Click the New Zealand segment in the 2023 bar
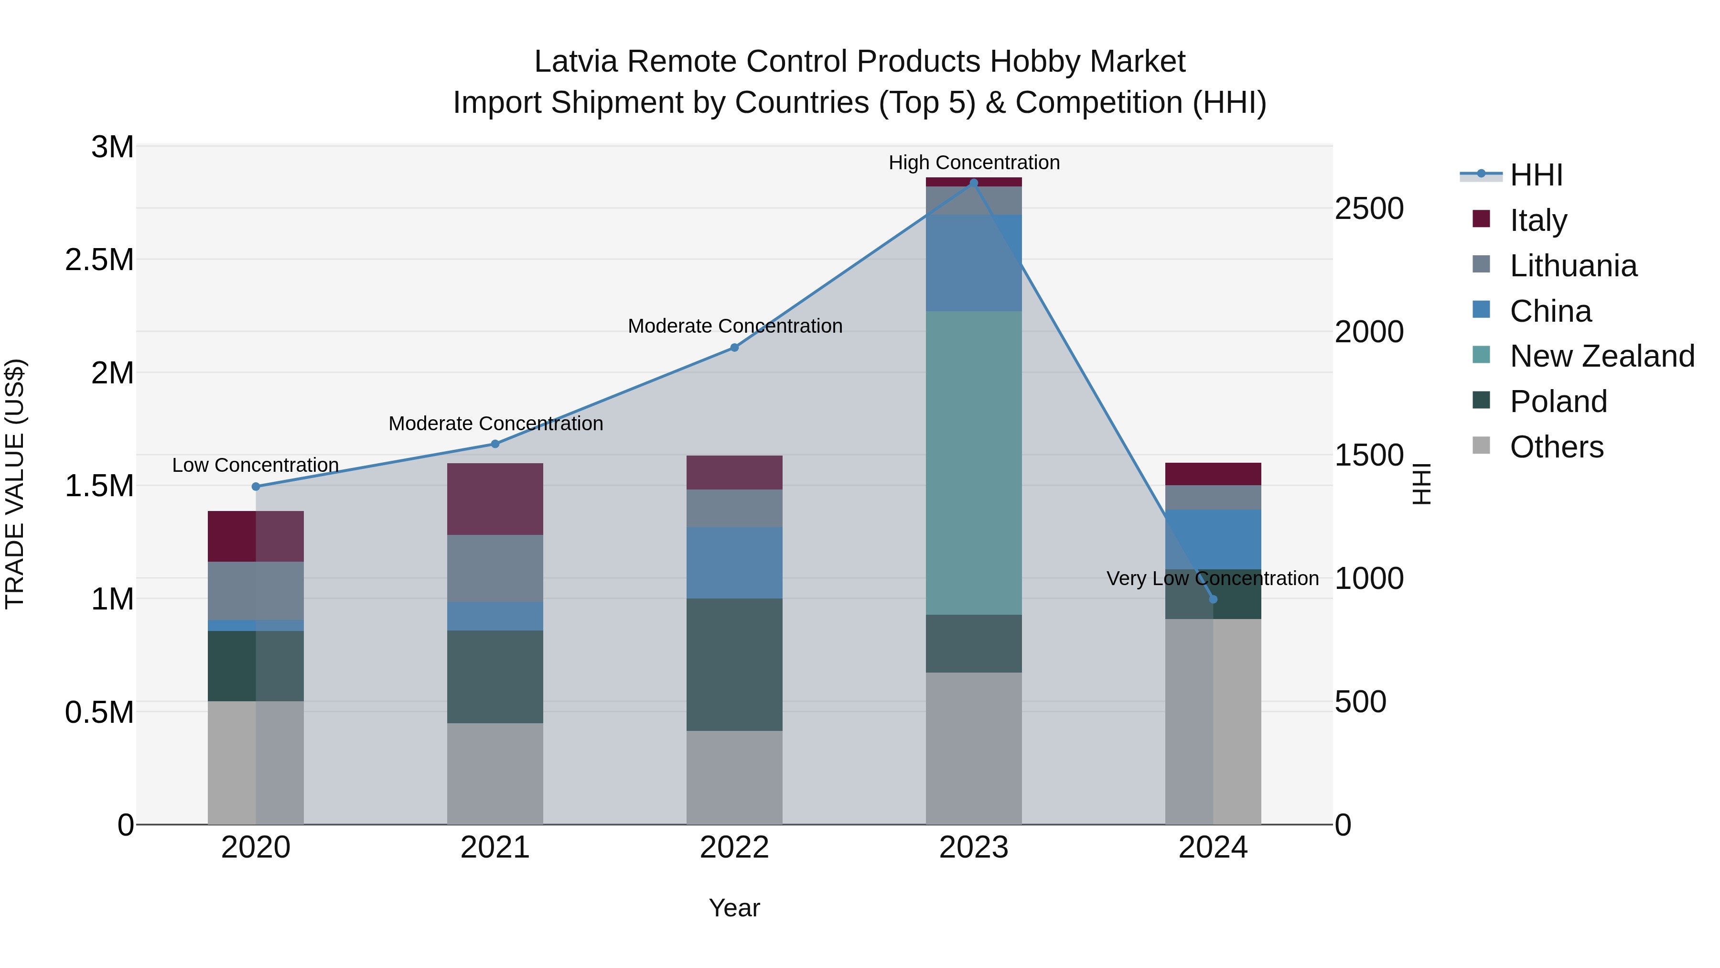tap(974, 462)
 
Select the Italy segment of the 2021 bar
tap(495, 499)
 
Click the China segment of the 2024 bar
tap(1213, 539)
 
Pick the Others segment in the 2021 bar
tap(495, 773)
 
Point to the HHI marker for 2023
tap(974, 183)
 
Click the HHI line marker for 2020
tap(256, 486)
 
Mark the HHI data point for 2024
tap(1213, 599)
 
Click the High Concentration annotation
tap(974, 163)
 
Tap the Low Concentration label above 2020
tap(255, 465)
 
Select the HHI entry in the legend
tap(1535, 175)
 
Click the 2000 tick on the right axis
tap(1369, 332)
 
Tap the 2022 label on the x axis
tap(734, 848)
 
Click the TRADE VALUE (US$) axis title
tap(15, 484)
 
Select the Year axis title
tap(734, 908)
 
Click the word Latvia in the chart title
tap(576, 62)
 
